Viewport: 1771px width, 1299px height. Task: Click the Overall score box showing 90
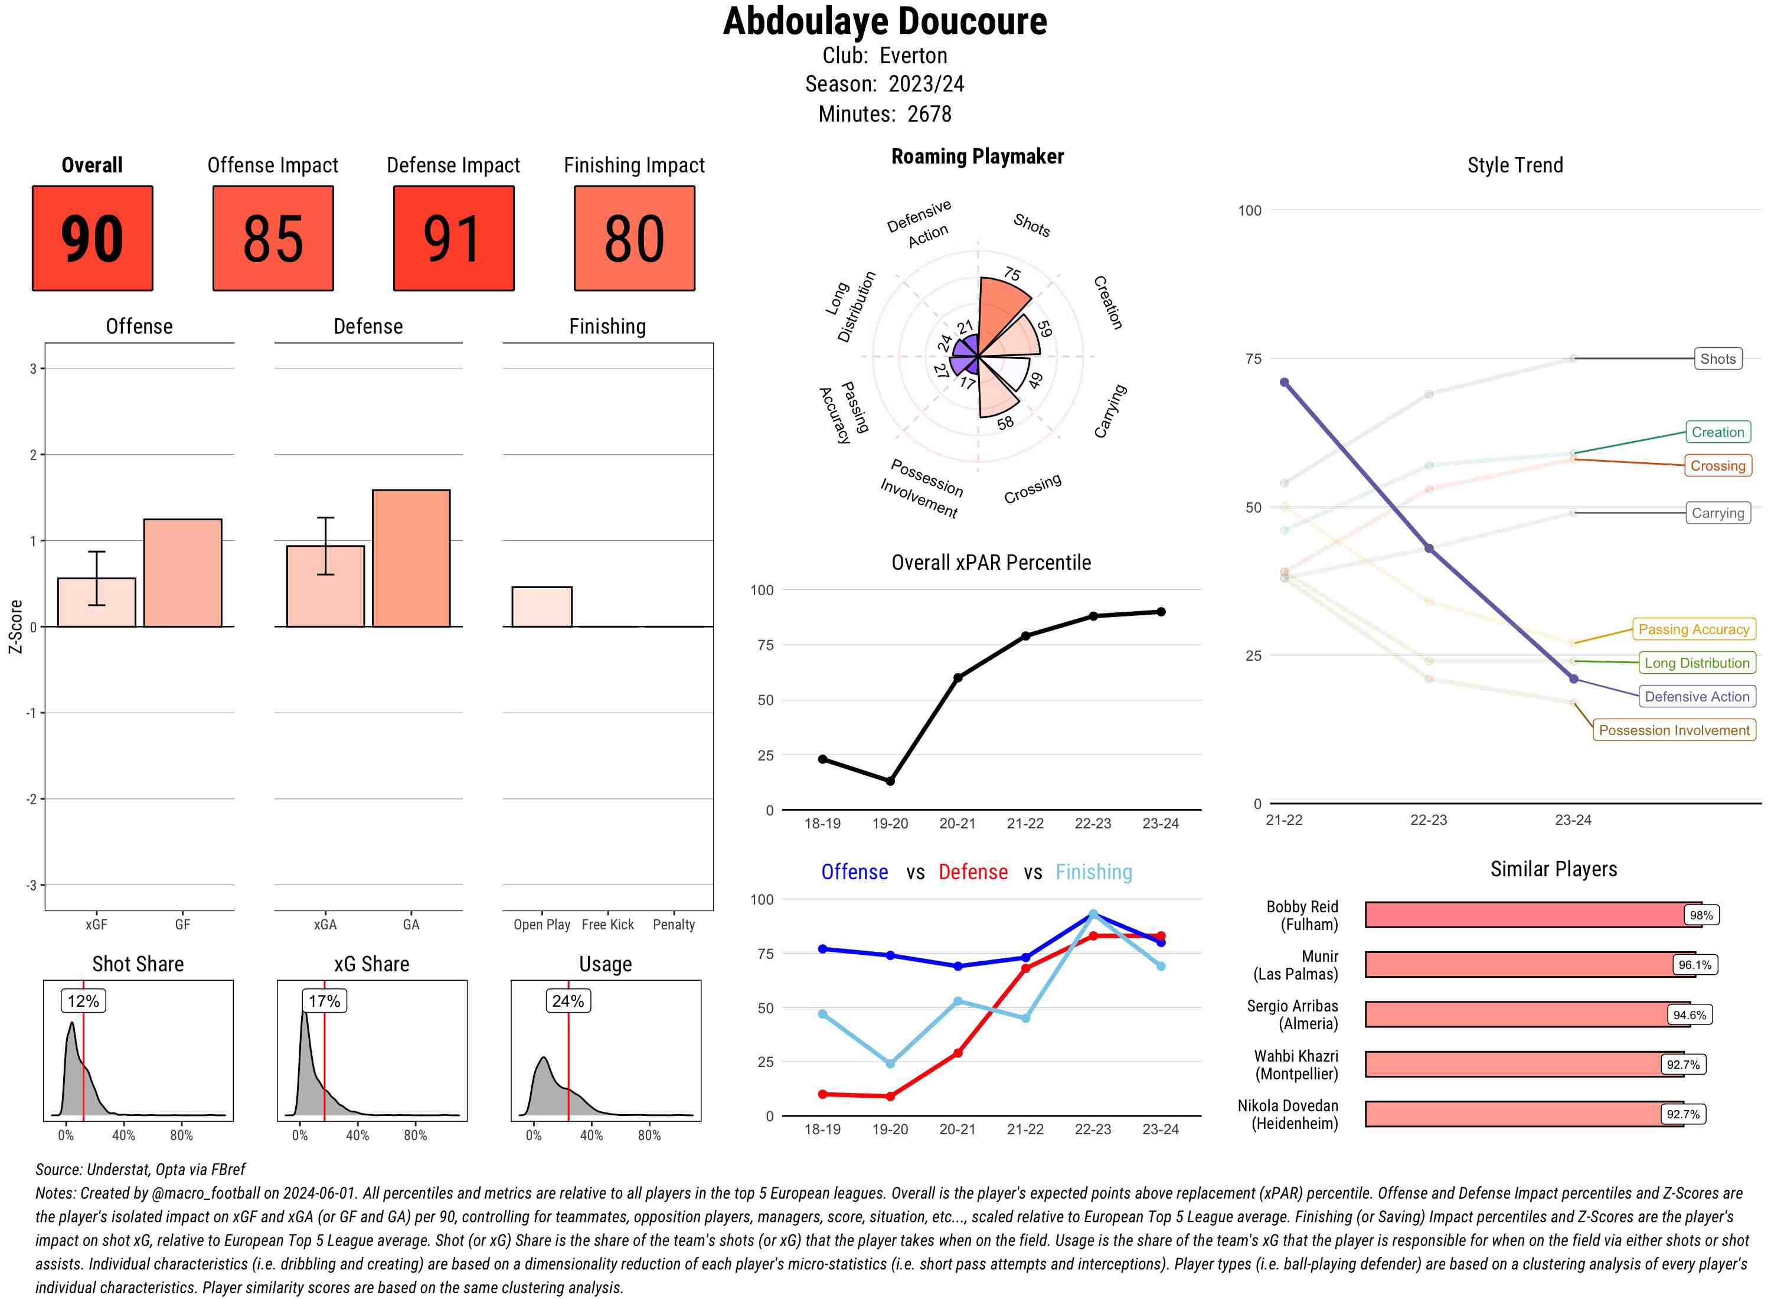click(x=92, y=239)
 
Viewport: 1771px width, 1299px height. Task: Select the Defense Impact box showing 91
click(x=453, y=239)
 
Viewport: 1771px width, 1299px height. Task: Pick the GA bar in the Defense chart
click(x=411, y=559)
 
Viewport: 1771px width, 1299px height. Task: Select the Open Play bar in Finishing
click(x=541, y=606)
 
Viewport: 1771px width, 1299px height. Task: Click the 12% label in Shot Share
click(x=83, y=1001)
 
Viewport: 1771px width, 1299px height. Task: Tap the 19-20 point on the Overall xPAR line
click(x=890, y=781)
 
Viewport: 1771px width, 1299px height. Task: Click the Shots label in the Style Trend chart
click(x=1717, y=358)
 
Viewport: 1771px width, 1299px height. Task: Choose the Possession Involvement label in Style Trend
click(x=1674, y=730)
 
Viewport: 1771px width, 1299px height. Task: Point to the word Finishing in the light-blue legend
click(x=1093, y=872)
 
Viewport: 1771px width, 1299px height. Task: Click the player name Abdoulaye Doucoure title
click(x=884, y=21)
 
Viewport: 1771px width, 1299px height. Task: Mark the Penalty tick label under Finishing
click(x=674, y=925)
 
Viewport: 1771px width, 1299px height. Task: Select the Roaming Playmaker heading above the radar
click(x=977, y=156)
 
